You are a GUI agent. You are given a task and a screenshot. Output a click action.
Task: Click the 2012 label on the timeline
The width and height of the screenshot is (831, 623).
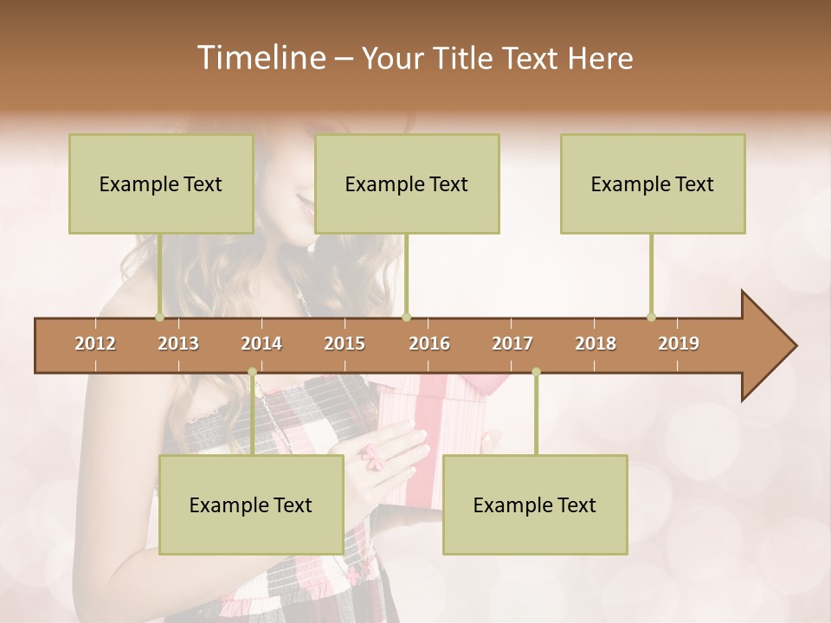pos(95,344)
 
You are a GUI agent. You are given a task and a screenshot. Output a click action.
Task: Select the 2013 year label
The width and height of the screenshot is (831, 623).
pos(178,344)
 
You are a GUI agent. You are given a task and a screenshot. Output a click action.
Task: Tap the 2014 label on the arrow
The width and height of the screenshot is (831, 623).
pos(261,344)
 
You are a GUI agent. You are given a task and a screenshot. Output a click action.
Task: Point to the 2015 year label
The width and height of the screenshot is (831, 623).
pos(345,344)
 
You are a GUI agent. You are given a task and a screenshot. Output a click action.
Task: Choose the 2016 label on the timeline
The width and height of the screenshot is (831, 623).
pos(429,344)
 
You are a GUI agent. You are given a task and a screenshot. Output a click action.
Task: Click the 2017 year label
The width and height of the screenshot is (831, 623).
pos(512,344)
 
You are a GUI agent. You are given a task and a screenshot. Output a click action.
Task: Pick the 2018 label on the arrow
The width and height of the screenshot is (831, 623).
pos(596,344)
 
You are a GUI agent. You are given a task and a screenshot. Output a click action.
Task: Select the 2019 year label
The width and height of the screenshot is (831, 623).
pos(679,344)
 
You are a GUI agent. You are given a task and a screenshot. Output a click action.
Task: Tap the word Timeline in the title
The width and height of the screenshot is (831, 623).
pos(261,58)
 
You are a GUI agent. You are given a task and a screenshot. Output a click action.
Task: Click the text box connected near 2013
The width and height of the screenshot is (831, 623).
pos(161,183)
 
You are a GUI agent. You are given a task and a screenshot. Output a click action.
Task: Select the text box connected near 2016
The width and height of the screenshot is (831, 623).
pos(407,183)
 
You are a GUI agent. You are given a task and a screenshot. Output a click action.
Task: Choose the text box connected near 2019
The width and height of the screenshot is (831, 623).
pos(653,183)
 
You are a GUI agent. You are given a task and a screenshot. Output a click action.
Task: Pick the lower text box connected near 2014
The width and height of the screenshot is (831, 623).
pos(251,504)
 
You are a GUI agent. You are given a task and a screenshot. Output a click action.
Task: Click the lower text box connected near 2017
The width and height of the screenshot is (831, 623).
pos(535,504)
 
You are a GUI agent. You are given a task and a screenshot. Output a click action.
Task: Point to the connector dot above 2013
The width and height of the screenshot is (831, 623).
pos(159,317)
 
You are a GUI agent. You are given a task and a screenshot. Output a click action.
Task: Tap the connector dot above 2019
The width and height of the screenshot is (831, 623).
pos(651,317)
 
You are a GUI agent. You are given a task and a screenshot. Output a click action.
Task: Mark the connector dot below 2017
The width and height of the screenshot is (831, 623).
pos(536,372)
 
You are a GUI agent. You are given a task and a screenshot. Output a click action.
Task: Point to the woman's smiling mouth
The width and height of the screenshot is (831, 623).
pos(305,204)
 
